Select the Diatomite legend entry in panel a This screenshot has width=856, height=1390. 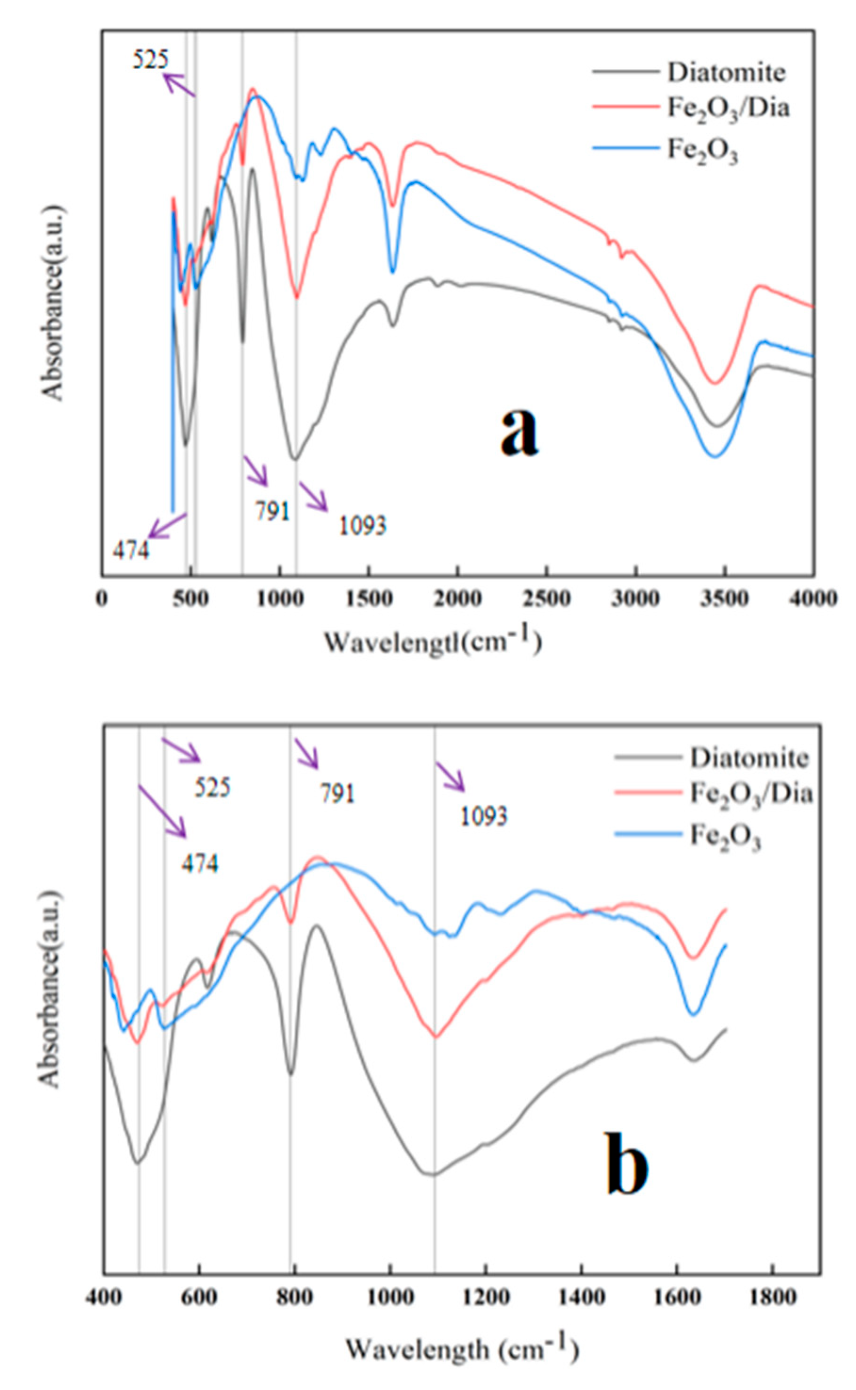[726, 73]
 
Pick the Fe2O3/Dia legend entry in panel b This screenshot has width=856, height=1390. [750, 794]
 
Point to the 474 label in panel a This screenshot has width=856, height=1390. [131, 550]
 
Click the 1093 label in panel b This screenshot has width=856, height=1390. [483, 816]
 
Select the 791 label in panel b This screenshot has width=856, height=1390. [338, 794]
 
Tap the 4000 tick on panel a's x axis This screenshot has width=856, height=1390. [814, 599]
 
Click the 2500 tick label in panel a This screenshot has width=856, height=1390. [547, 599]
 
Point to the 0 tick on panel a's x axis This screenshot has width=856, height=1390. [103, 599]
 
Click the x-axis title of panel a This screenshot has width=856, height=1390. [433, 642]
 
